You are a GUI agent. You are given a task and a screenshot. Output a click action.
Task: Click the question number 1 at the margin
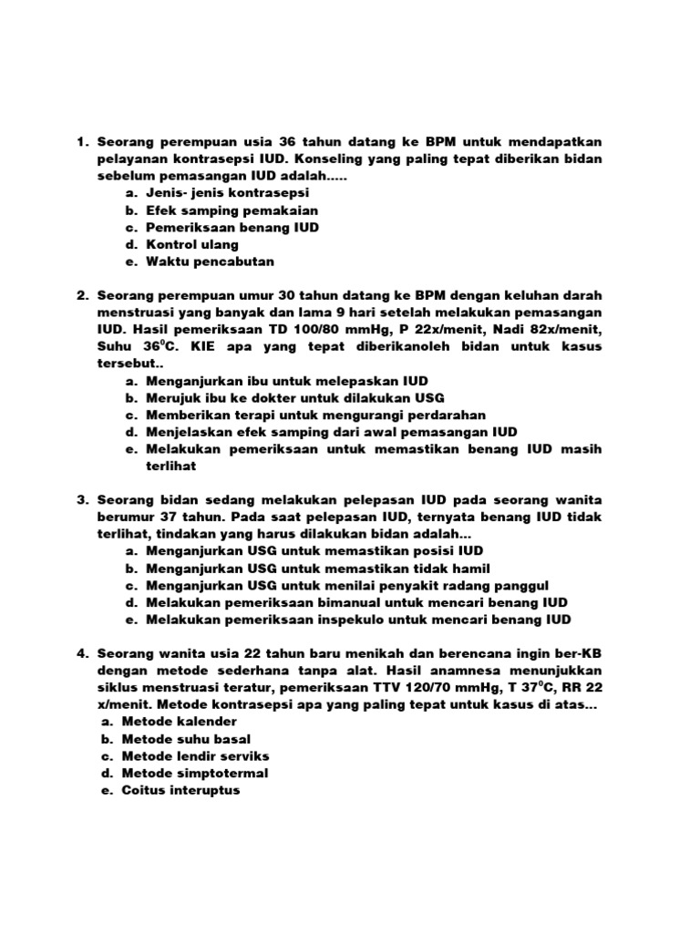(80, 142)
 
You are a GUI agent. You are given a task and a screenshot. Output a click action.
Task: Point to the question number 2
(80, 296)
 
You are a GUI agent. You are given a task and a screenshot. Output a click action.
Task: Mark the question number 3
(80, 501)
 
